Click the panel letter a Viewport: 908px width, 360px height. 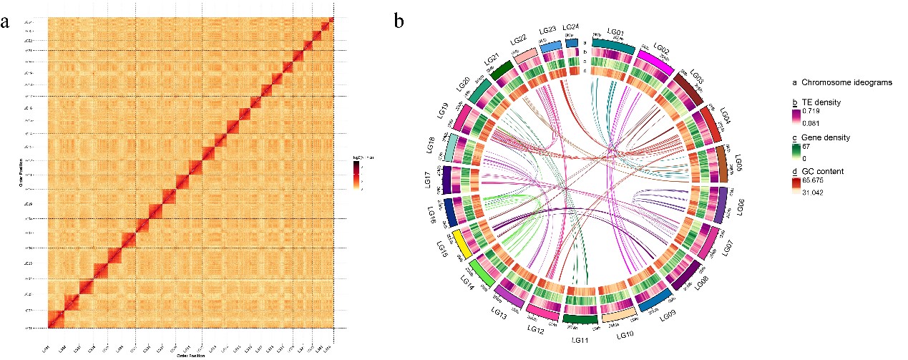tap(7, 21)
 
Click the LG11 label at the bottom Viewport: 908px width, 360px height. tap(581, 339)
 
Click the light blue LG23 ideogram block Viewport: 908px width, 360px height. tap(550, 47)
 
